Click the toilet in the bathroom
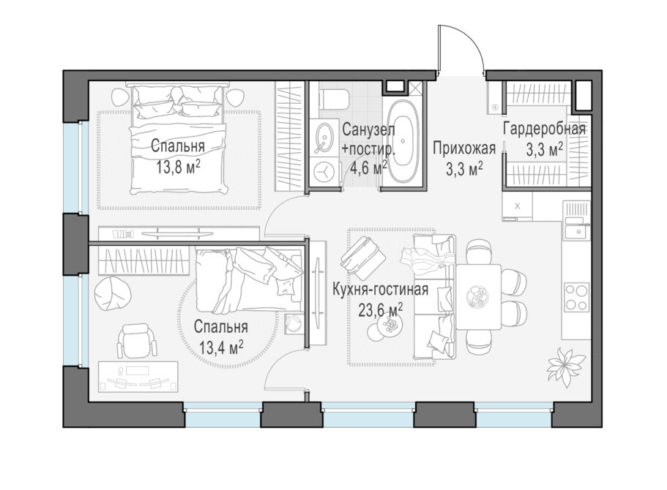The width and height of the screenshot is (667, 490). coord(334,99)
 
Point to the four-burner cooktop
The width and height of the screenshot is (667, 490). coord(576,297)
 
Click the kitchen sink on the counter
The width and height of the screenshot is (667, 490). coord(576,232)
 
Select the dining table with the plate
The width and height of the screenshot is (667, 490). coord(479,297)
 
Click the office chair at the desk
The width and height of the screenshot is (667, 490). coord(136,340)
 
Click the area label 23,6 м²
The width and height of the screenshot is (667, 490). coord(381,310)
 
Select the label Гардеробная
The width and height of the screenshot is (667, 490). coord(544,128)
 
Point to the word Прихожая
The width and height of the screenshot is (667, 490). coord(464,148)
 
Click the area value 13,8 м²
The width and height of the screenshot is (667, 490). coord(178,167)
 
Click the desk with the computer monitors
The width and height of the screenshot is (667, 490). coord(138,376)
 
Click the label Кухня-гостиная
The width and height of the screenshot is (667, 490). coord(380,290)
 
